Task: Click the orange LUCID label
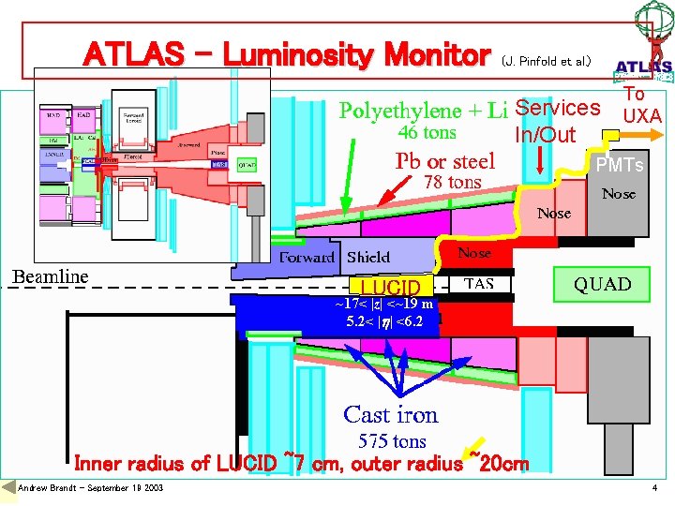coord(390,286)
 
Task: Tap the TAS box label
coord(493,283)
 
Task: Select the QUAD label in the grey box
coord(603,284)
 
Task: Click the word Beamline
coord(50,276)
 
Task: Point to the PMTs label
coord(621,165)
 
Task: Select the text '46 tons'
coord(427,133)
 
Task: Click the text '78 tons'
coord(452,182)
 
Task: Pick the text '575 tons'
coord(392,440)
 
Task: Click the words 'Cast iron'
coord(390,414)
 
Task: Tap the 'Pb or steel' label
coord(445,160)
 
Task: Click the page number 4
coord(654,488)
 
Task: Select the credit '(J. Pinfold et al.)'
coord(546,61)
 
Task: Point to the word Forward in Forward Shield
coord(307,257)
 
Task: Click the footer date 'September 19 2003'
coord(119,488)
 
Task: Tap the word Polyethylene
coord(399,111)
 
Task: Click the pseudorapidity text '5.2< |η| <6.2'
coord(384,321)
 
